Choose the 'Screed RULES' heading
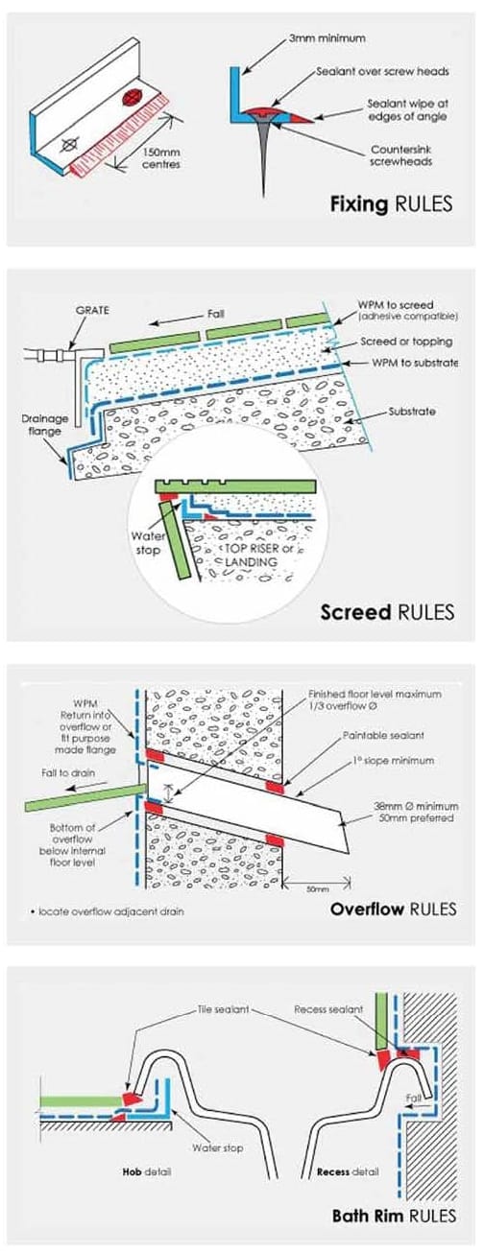click(x=389, y=611)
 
